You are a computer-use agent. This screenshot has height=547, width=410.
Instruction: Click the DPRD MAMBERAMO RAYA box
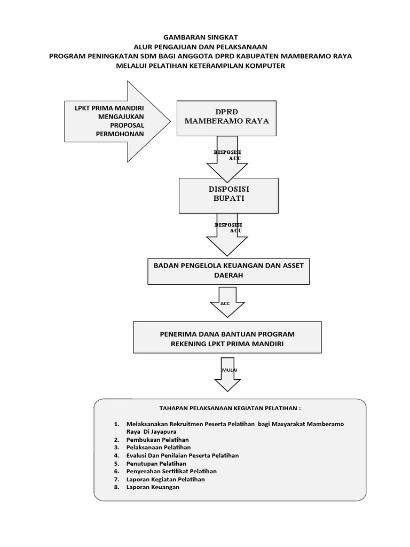coord(226,117)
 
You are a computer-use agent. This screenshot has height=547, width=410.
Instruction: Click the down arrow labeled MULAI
coord(228,379)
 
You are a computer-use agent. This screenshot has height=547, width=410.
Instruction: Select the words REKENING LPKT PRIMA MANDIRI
coord(227,345)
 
